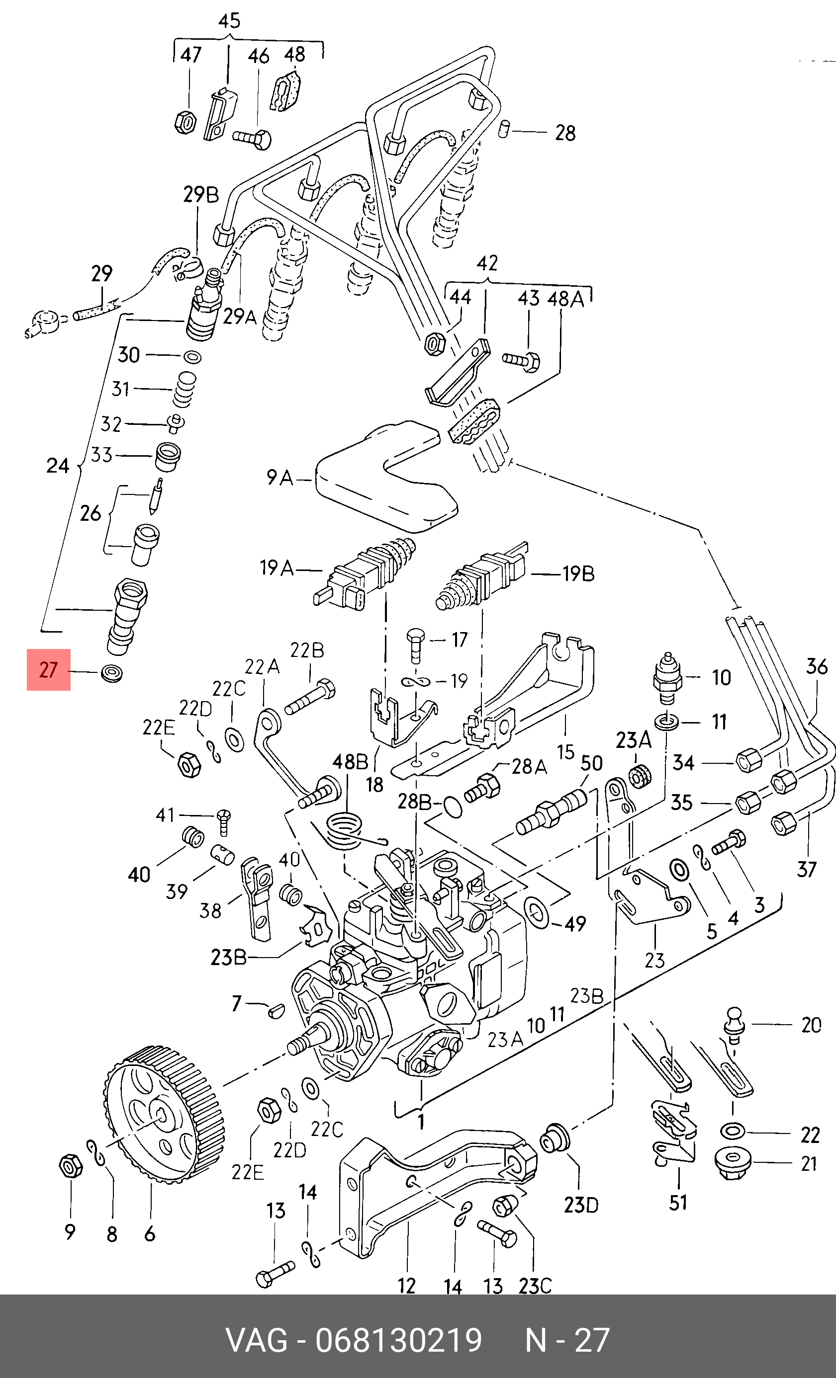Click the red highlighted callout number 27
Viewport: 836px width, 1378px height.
click(x=49, y=669)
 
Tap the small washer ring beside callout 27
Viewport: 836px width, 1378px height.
click(x=112, y=673)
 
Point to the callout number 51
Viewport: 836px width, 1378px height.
click(x=678, y=1203)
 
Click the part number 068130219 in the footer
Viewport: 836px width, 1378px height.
click(x=399, y=1340)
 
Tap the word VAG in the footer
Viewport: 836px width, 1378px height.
click(x=256, y=1340)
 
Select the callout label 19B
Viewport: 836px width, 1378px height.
click(x=578, y=574)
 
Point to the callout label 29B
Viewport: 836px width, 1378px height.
click(x=201, y=194)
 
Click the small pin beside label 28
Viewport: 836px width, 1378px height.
click(x=504, y=128)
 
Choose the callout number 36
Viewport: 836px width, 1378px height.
click(x=817, y=666)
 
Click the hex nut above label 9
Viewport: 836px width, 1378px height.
click(x=71, y=1165)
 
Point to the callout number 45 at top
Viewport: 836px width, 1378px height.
click(x=229, y=21)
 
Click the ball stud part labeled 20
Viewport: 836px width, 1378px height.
click(x=734, y=1023)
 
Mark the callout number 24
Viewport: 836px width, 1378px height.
click(x=58, y=465)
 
